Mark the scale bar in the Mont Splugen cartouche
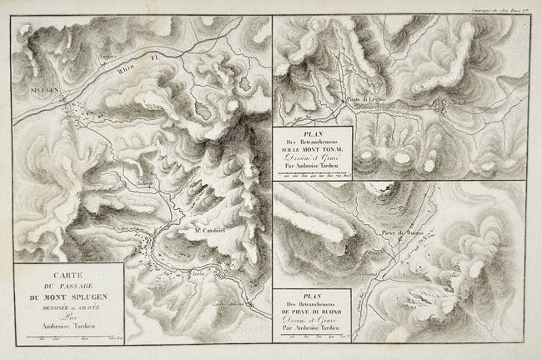click(69, 335)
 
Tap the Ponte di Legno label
click(365, 99)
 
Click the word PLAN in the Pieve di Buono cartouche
click(313, 296)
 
